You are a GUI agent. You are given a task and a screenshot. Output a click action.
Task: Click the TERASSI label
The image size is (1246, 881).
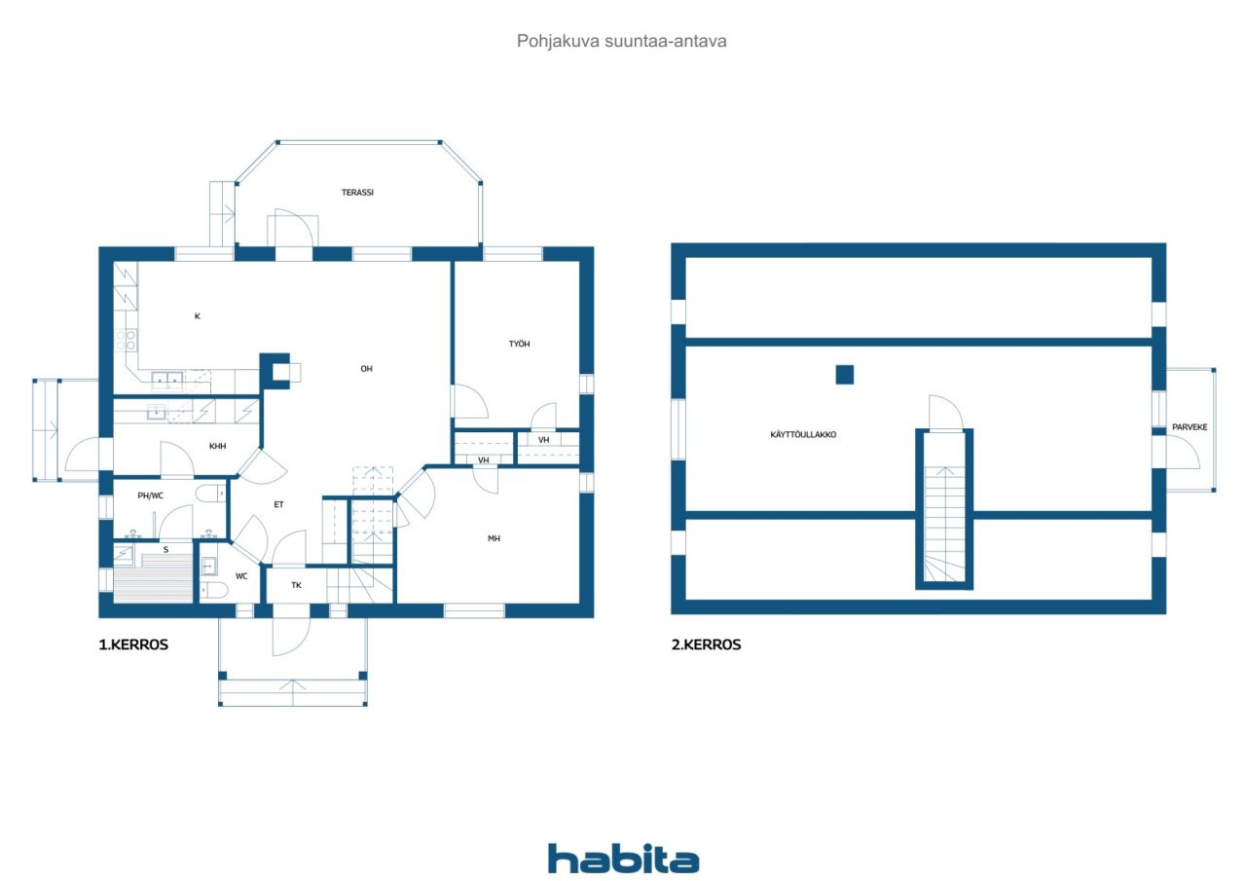[357, 193]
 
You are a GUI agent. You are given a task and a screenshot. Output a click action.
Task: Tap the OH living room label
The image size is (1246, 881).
[366, 369]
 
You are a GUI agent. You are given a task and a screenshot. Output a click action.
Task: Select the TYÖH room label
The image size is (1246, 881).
[519, 345]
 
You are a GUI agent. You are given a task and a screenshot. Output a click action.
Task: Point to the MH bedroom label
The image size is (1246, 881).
[494, 538]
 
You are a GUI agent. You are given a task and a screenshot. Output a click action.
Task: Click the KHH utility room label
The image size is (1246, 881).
[217, 446]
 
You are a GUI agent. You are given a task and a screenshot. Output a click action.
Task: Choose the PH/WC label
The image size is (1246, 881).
[150, 496]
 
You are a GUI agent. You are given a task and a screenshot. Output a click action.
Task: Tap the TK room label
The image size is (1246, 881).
[296, 585]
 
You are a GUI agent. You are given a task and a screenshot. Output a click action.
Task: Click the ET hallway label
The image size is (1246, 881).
[278, 504]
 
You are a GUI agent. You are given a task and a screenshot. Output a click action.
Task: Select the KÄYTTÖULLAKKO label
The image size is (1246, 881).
[803, 434]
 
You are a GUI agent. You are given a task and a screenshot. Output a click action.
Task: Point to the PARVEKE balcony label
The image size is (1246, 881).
[1190, 427]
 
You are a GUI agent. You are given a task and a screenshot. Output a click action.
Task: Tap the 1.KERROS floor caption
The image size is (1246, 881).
[133, 644]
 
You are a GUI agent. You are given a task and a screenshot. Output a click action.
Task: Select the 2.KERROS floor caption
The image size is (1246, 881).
[706, 644]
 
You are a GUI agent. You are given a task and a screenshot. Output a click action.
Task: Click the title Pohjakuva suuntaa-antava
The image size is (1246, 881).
[621, 41]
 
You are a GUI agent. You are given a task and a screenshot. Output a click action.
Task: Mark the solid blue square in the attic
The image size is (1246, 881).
[844, 375]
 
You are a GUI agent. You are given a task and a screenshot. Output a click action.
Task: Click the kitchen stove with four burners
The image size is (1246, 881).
[126, 340]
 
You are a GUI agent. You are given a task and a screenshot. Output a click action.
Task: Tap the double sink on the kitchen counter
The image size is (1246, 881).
[166, 380]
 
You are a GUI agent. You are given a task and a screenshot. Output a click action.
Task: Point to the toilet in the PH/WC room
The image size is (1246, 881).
[211, 494]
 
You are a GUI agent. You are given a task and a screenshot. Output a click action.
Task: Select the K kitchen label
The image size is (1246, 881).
[197, 316]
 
